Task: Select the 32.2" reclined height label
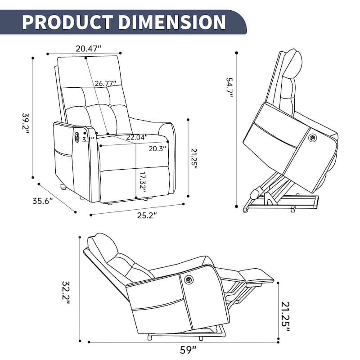pyautogui.click(x=66, y=292)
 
